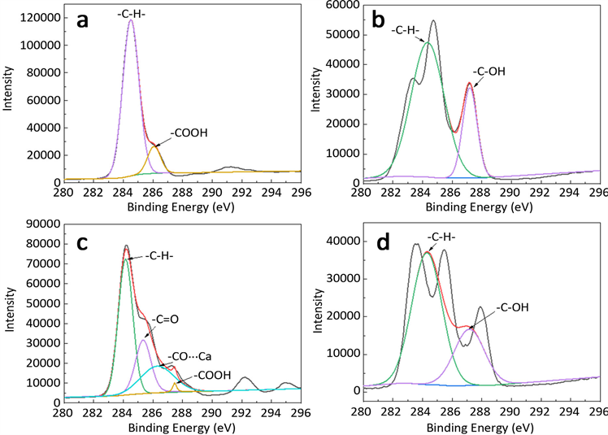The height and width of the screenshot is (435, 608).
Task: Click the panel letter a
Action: click(x=82, y=21)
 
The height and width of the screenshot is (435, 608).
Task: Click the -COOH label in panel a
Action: click(x=189, y=132)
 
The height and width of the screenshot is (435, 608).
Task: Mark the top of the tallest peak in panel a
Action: click(x=131, y=20)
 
